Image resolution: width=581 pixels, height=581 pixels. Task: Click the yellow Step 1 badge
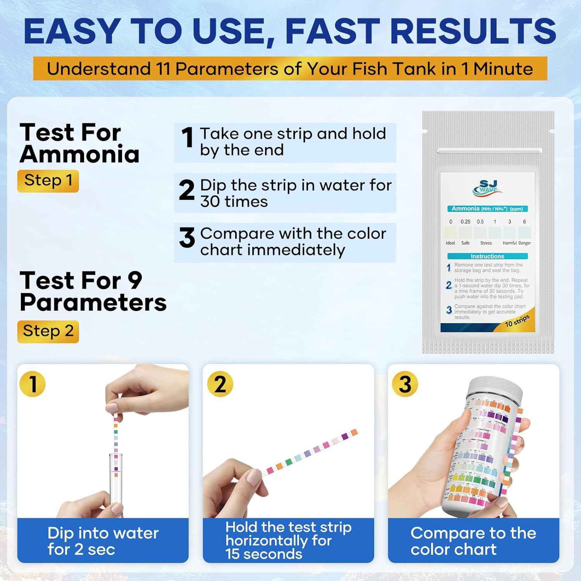[x=48, y=181]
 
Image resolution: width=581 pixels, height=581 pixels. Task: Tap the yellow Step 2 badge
[x=48, y=332]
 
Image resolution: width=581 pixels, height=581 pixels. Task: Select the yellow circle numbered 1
[x=33, y=384]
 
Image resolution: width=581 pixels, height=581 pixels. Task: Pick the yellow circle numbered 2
[x=220, y=384]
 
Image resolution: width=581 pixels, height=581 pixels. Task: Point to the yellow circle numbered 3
[x=405, y=384]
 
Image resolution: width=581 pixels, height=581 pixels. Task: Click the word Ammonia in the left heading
[x=79, y=155]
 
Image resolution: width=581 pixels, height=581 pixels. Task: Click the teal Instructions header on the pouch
[x=487, y=256]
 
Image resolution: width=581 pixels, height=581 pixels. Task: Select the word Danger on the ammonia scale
[x=524, y=243]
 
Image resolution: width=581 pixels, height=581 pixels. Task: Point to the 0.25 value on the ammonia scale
[x=465, y=222]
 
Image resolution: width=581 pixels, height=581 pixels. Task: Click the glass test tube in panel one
[x=116, y=480]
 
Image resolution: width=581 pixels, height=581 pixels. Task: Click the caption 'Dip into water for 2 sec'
[x=103, y=541]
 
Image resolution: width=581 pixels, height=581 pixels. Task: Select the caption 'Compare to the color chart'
[x=473, y=541]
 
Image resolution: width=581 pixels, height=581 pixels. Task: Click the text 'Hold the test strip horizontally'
[x=288, y=534]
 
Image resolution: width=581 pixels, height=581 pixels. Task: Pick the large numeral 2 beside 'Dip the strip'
[x=187, y=191]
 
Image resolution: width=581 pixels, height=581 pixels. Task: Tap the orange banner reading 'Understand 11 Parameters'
[x=290, y=69]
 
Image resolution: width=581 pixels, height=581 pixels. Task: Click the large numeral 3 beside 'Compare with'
[x=187, y=238]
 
